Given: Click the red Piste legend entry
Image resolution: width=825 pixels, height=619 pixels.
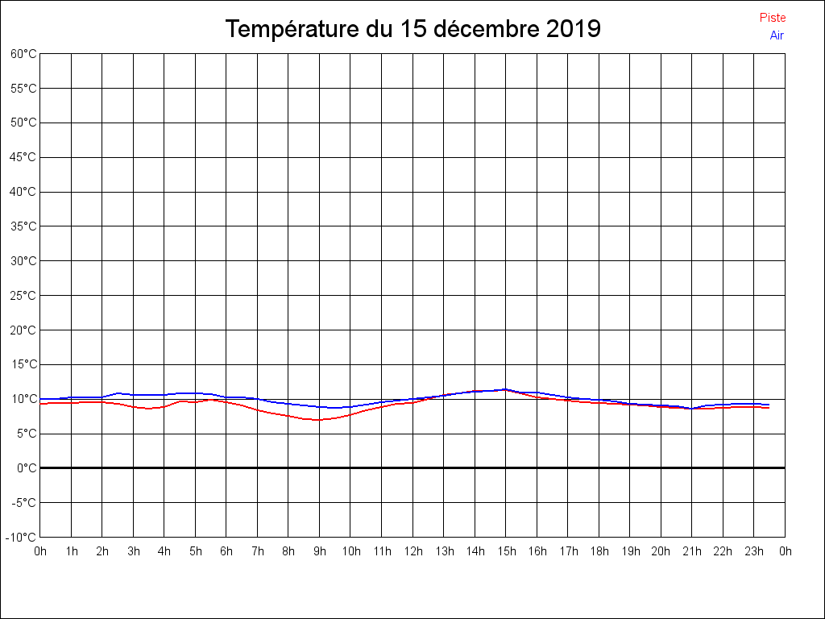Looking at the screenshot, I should tap(772, 18).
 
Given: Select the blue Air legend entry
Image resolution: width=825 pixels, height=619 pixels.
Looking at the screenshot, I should tap(777, 35).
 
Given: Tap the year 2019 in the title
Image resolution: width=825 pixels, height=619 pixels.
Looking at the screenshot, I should tap(573, 29).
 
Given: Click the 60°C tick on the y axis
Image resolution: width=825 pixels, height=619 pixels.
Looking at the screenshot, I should tap(23, 54).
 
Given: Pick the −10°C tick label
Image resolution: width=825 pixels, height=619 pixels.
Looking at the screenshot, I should tap(22, 538).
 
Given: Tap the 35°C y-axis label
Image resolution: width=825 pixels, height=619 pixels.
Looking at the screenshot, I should tap(23, 226).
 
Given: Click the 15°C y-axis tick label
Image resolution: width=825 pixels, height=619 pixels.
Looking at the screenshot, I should tap(23, 364).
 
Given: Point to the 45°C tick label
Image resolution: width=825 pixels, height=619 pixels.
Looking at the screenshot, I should tap(23, 157).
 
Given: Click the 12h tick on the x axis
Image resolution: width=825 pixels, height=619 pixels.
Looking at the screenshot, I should tap(413, 552).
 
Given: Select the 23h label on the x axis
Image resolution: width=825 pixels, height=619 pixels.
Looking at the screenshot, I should tap(754, 552).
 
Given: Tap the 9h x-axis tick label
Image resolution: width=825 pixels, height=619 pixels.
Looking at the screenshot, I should tap(320, 552).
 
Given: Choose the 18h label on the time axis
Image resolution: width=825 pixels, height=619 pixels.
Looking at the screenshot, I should tap(599, 552).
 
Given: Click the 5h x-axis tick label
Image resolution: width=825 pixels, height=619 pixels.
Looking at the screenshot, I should tap(196, 552).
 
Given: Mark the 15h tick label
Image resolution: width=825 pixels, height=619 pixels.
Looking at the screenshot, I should tap(506, 552).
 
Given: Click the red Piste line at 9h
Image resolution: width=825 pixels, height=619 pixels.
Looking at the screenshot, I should tap(320, 420).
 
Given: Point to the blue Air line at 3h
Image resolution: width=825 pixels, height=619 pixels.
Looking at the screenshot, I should tap(134, 395).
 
